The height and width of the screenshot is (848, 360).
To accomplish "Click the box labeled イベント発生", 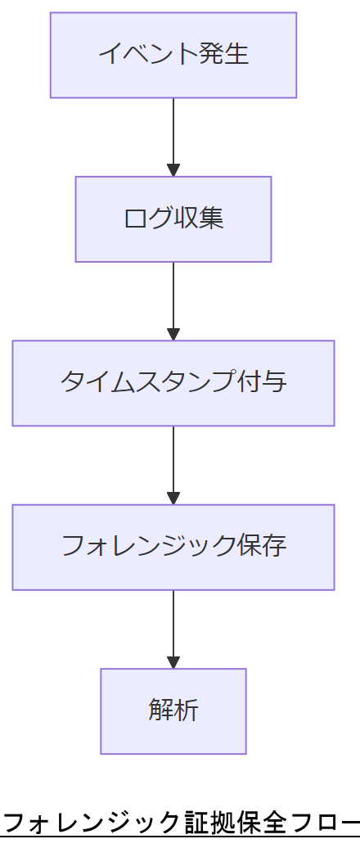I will pos(173,55).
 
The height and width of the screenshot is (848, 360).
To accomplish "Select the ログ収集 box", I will pos(173,219).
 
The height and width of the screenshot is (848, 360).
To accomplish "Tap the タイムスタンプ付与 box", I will pos(173,383).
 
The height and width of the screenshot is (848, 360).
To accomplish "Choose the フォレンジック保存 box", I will pos(173,547).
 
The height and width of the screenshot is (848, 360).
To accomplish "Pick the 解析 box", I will pos(173,710).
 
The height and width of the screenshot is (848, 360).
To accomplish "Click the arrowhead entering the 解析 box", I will pos(173,662).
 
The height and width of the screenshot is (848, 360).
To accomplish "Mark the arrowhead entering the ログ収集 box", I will pos(173,170).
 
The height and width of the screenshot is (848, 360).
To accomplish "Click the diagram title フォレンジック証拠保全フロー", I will pos(180,822).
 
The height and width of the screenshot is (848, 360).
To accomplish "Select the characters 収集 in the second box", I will pos(199,219).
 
